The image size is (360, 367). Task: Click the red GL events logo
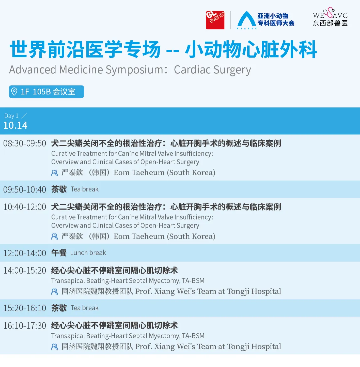[x=215, y=20]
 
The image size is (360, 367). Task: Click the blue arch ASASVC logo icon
[x=247, y=20]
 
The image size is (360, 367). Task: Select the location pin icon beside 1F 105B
[x=14, y=91]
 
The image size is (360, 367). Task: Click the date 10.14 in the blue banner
[x=15, y=125]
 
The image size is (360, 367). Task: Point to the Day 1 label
[x=11, y=116]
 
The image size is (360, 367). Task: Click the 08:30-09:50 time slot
[x=25, y=143]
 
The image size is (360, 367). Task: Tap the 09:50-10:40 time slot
[x=25, y=190]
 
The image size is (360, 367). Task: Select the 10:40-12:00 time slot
[x=25, y=207]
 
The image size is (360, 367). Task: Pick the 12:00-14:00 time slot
[x=25, y=253]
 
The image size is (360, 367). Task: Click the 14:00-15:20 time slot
[x=25, y=271]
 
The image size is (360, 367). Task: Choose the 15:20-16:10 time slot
[x=25, y=308]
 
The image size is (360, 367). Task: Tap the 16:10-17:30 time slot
[x=25, y=326]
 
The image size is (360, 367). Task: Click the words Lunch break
[x=88, y=253]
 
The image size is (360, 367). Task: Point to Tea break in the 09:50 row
[x=84, y=189]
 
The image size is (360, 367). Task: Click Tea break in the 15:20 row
[x=84, y=308]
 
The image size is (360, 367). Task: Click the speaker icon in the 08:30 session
[x=55, y=173]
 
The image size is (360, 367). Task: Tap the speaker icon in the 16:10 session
[x=55, y=347]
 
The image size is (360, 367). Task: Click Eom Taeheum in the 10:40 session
[x=139, y=237]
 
